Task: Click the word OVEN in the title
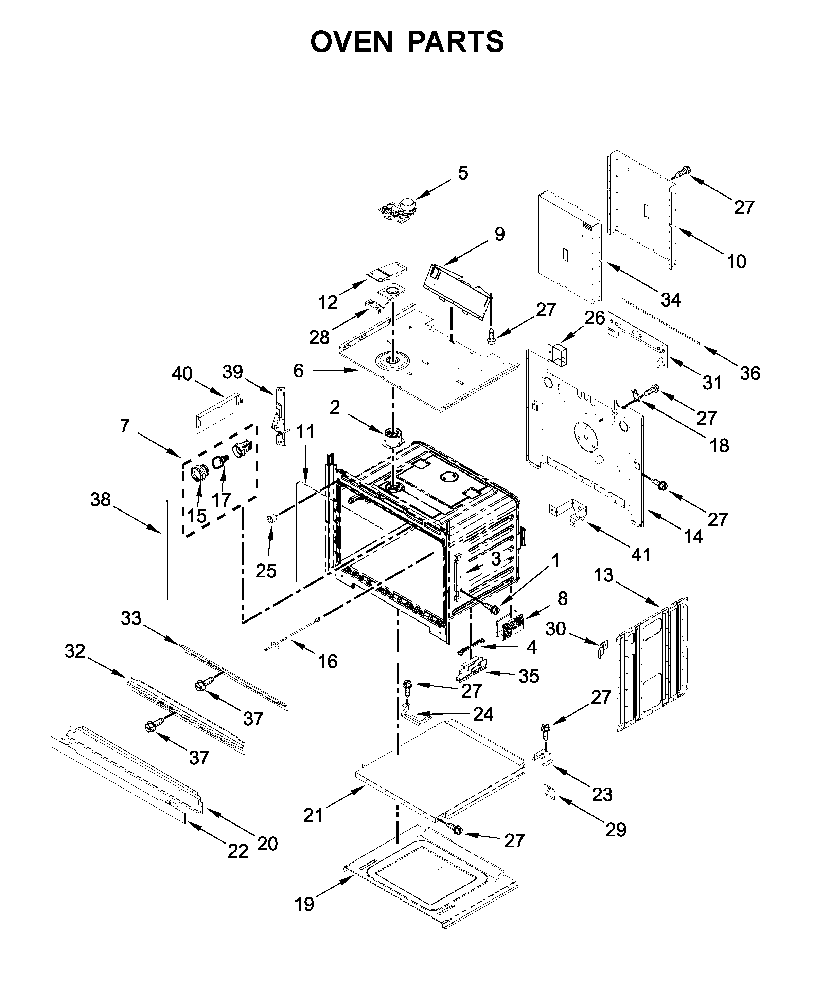[x=352, y=42]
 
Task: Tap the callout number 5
[x=462, y=173]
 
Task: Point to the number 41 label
[x=641, y=555]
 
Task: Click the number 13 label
[x=603, y=575]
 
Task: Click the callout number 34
[x=670, y=300]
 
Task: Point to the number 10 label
[x=736, y=262]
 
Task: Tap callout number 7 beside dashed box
[x=124, y=426]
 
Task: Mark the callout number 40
[x=182, y=374]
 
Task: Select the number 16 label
[x=328, y=661]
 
